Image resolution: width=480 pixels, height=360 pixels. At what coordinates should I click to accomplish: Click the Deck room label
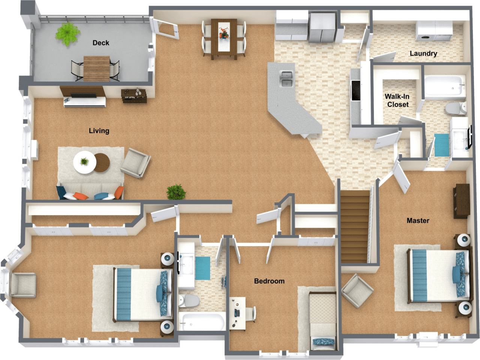pyautogui.click(x=101, y=43)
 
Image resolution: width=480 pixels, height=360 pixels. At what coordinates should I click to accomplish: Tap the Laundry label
pyautogui.click(x=423, y=54)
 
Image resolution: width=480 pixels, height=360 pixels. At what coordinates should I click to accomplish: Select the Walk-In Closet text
pyautogui.click(x=397, y=100)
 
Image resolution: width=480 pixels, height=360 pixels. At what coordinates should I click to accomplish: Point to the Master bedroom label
pyautogui.click(x=418, y=221)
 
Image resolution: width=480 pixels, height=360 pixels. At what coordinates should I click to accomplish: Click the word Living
pyautogui.click(x=99, y=131)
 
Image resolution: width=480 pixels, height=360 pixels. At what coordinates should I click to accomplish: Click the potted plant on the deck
pyautogui.click(x=67, y=34)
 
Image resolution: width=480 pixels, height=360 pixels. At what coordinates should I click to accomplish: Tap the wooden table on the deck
pyautogui.click(x=96, y=68)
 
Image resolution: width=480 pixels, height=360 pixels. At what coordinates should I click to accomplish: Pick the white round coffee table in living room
pyautogui.click(x=84, y=162)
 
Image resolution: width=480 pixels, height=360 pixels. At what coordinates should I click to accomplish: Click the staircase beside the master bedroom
pyautogui.click(x=354, y=227)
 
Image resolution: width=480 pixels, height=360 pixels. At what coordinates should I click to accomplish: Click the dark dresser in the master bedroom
pyautogui.click(x=461, y=201)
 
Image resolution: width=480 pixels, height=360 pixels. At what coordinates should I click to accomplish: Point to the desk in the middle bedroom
pyautogui.click(x=237, y=313)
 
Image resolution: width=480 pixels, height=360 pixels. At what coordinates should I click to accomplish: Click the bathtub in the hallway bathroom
pyautogui.click(x=202, y=321)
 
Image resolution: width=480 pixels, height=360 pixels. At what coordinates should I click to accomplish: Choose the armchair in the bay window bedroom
pyautogui.click(x=22, y=285)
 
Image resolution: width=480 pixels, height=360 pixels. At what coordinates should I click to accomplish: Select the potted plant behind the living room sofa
pyautogui.click(x=176, y=193)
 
